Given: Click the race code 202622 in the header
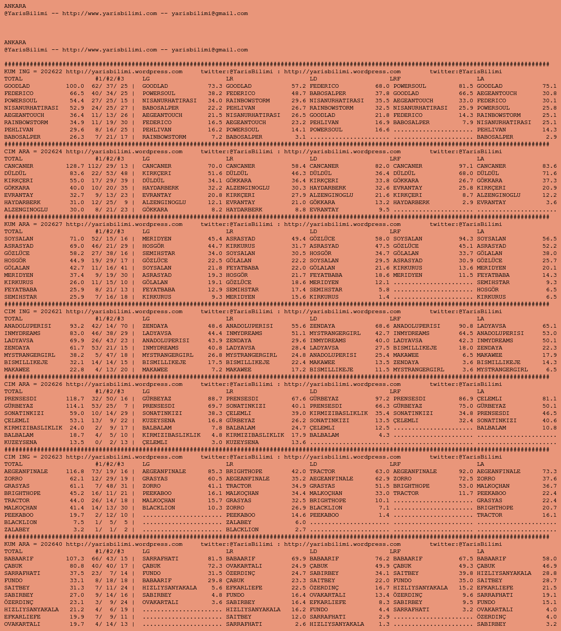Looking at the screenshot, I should [x=51, y=72].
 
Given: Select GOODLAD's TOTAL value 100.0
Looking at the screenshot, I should [x=75, y=86].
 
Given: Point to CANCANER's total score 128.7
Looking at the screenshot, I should [x=75, y=166].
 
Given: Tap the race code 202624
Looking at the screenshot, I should [x=51, y=152].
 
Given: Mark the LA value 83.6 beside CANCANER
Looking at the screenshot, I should [x=549, y=166].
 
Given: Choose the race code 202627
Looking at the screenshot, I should [x=51, y=224].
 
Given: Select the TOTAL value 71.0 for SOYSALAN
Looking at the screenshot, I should [x=76, y=239].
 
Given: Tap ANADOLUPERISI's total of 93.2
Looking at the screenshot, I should [x=76, y=326].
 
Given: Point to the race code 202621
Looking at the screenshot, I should [x=51, y=312].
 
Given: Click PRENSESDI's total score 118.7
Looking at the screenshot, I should [x=75, y=399].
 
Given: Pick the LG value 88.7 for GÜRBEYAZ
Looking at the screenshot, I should [x=215, y=399].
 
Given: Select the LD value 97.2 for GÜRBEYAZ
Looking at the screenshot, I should [x=382, y=399].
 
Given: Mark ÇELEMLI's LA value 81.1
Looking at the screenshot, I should [x=549, y=399].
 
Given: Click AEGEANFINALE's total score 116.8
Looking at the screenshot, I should [x=75, y=472].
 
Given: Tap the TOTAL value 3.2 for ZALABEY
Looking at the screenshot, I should [x=78, y=530].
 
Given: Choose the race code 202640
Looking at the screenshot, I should [x=51, y=544].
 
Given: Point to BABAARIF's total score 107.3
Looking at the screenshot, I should [x=75, y=559].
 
